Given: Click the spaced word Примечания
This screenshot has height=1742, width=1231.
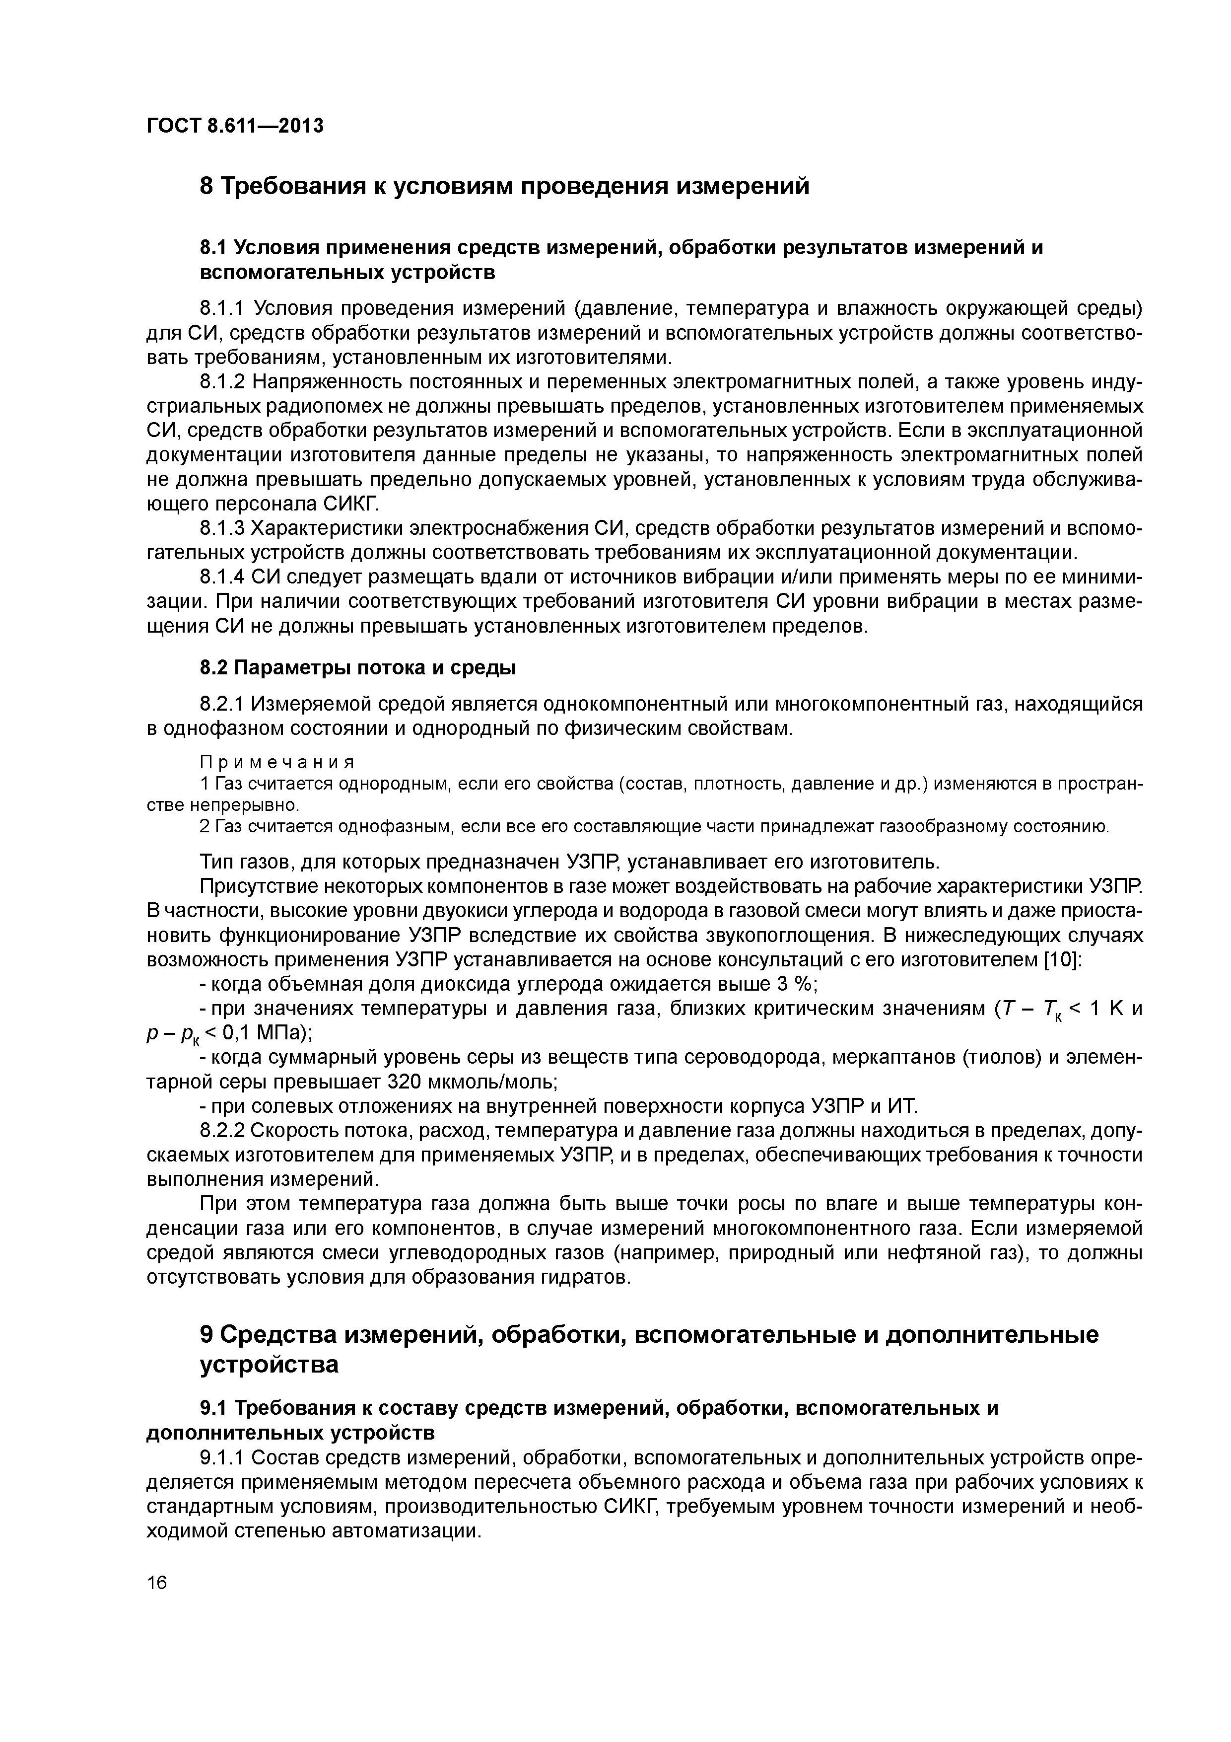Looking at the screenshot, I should click(x=277, y=761).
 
